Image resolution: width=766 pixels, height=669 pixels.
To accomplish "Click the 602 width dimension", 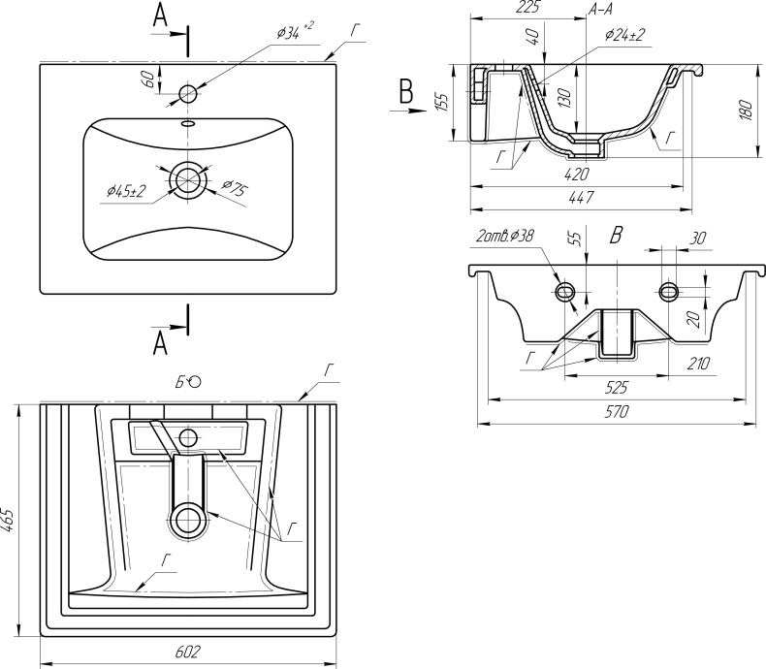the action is point(188,652).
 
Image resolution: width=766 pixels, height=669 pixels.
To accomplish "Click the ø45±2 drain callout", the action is point(127,191).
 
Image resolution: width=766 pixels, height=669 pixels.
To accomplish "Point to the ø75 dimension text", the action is point(235,187).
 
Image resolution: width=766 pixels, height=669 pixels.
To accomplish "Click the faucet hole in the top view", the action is point(188,93).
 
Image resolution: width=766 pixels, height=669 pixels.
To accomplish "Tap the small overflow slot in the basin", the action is point(187,123).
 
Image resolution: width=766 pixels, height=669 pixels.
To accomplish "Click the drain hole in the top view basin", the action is point(187,179).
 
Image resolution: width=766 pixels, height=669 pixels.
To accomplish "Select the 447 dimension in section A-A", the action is point(582,197).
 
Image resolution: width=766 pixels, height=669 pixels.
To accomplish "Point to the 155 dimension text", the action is point(441,102).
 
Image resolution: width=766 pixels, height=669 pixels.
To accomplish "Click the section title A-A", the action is point(601,9).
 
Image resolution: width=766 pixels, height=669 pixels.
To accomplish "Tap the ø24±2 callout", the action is point(624,35).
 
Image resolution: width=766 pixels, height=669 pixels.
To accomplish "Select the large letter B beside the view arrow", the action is point(406,91).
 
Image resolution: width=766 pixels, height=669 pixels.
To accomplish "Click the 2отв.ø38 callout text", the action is point(504,236).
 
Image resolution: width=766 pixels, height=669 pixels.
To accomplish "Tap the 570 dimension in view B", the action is point(617,412).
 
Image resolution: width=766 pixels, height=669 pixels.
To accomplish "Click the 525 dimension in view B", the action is point(616,388).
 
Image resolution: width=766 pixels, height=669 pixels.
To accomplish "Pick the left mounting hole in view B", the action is point(565,292).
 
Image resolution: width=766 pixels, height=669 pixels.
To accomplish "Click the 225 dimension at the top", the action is point(528,8).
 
